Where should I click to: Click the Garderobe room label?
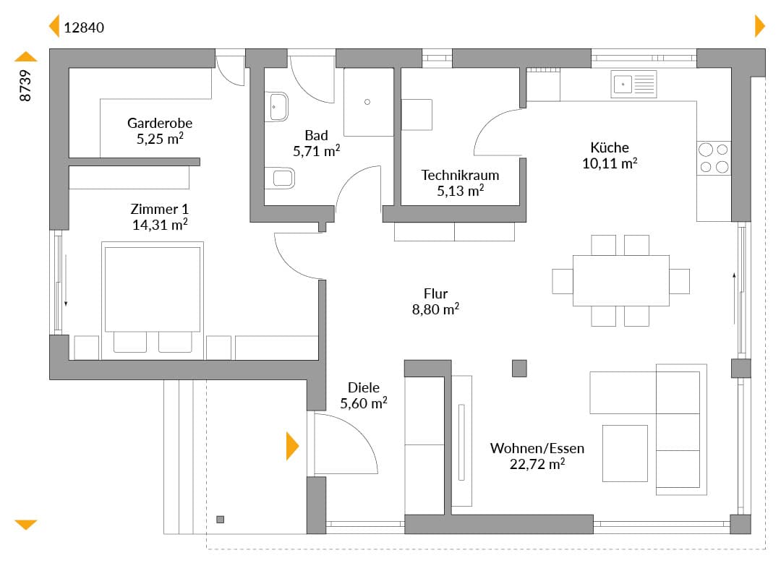[159, 123]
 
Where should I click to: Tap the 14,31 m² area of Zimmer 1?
[160, 225]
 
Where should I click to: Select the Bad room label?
[316, 135]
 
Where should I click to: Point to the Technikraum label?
[460, 175]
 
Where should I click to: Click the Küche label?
[610, 147]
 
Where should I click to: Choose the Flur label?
[435, 293]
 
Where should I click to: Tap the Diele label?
[364, 387]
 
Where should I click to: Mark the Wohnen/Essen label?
[537, 448]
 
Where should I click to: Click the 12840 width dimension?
[84, 27]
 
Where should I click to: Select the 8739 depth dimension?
[25, 85]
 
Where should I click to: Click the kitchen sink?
[633, 84]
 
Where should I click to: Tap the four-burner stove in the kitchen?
[714, 158]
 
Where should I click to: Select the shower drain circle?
[367, 102]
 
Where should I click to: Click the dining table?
[621, 280]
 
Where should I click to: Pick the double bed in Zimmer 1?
[153, 300]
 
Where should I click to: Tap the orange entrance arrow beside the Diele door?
[292, 446]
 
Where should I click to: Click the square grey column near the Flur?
[519, 369]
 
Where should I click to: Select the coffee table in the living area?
[625, 453]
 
